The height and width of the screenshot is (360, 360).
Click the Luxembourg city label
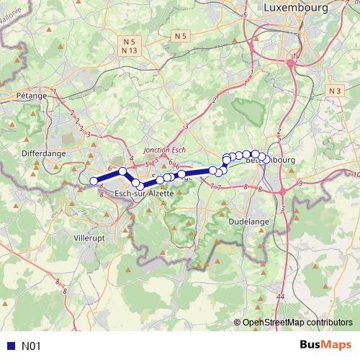pyautogui.click(x=296, y=7)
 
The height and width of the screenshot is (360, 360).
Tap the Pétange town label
pyautogui.click(x=30, y=95)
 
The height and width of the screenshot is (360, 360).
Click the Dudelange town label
pyautogui.click(x=248, y=222)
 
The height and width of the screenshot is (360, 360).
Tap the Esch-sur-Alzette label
pyautogui.click(x=145, y=194)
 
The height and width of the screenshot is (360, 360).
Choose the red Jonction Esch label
pyautogui.click(x=166, y=150)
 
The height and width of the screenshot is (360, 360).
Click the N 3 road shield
pyautogui.click(x=333, y=91)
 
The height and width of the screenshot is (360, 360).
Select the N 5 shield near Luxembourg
pyautogui.click(x=181, y=35)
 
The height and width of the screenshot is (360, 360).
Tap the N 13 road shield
pyautogui.click(x=130, y=50)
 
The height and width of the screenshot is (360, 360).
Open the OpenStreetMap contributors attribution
pyautogui.click(x=297, y=322)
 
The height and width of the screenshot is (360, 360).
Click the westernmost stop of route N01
pyautogui.click(x=93, y=181)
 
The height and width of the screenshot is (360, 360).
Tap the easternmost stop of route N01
pyautogui.click(x=267, y=159)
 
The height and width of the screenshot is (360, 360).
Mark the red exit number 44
pyautogui.click(x=280, y=296)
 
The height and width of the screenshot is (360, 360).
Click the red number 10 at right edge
pyautogui.click(x=356, y=175)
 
